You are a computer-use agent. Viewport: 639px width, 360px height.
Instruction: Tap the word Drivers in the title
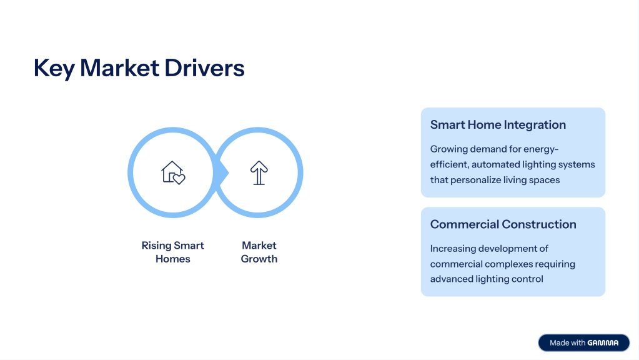point(205,67)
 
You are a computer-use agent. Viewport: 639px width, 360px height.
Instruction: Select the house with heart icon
point(173,172)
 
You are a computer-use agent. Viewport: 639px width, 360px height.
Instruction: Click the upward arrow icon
point(259,172)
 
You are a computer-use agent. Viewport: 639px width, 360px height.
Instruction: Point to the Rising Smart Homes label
point(173,252)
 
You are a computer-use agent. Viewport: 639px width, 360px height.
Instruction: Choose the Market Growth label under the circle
point(259,252)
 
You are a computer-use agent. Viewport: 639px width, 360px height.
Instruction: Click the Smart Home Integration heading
point(498,125)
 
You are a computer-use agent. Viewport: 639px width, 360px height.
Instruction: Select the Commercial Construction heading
point(503,224)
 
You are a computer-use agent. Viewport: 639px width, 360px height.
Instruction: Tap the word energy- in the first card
point(541,149)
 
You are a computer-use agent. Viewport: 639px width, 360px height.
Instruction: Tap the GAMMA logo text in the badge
point(603,343)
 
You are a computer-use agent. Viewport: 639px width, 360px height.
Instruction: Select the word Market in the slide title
point(119,67)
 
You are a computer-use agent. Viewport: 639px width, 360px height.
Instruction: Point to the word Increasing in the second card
point(453,249)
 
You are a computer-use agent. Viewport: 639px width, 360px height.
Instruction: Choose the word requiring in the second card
point(555,264)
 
